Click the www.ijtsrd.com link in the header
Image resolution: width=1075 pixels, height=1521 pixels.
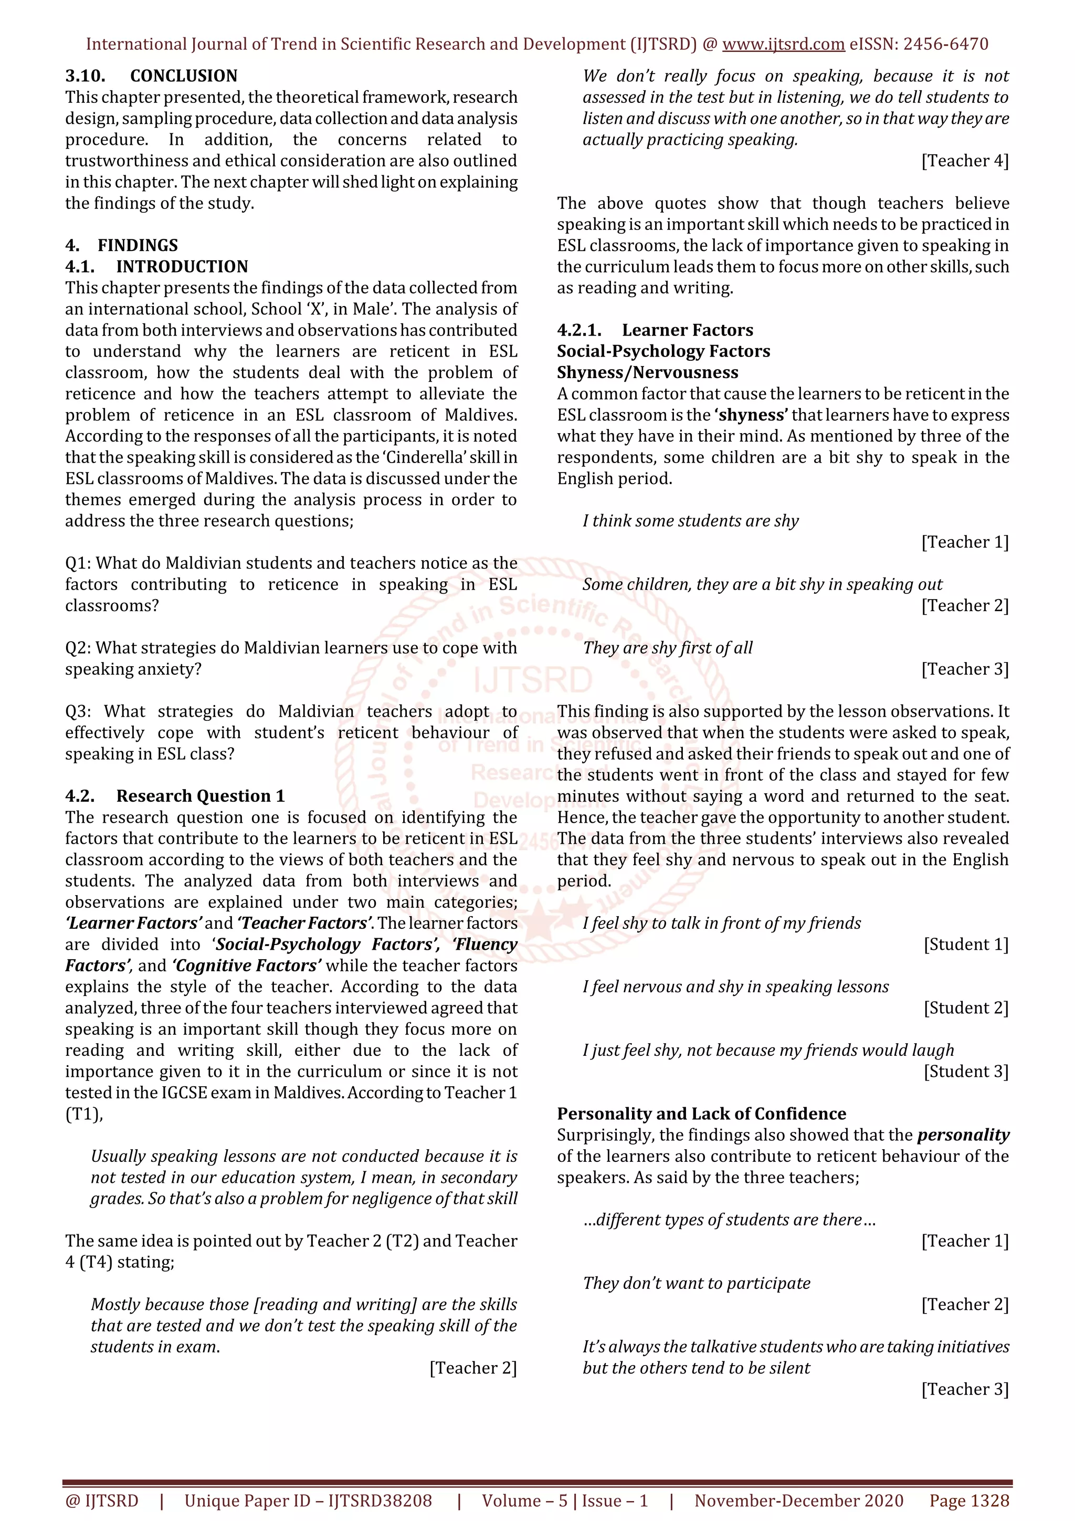click(783, 45)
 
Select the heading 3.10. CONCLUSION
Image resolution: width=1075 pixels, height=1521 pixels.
click(151, 76)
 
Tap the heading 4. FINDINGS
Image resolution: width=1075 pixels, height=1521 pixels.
click(121, 246)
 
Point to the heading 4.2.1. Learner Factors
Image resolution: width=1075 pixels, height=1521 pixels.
click(655, 330)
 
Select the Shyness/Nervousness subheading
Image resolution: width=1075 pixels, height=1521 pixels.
click(647, 372)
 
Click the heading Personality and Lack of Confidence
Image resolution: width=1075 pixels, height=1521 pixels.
click(701, 1114)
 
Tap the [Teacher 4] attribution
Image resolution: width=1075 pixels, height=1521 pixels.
click(964, 161)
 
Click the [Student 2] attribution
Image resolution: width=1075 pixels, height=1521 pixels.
click(966, 1008)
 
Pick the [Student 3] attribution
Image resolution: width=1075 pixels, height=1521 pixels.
click(966, 1072)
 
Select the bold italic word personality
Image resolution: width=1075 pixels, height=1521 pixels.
click(963, 1136)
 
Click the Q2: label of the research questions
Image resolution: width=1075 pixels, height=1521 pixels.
click(78, 648)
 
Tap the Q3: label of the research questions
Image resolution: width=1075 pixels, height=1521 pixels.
click(78, 711)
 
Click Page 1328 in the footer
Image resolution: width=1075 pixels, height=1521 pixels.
click(969, 1501)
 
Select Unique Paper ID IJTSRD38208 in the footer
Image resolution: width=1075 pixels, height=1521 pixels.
click(308, 1501)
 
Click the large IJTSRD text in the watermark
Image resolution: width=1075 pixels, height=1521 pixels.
click(533, 681)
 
